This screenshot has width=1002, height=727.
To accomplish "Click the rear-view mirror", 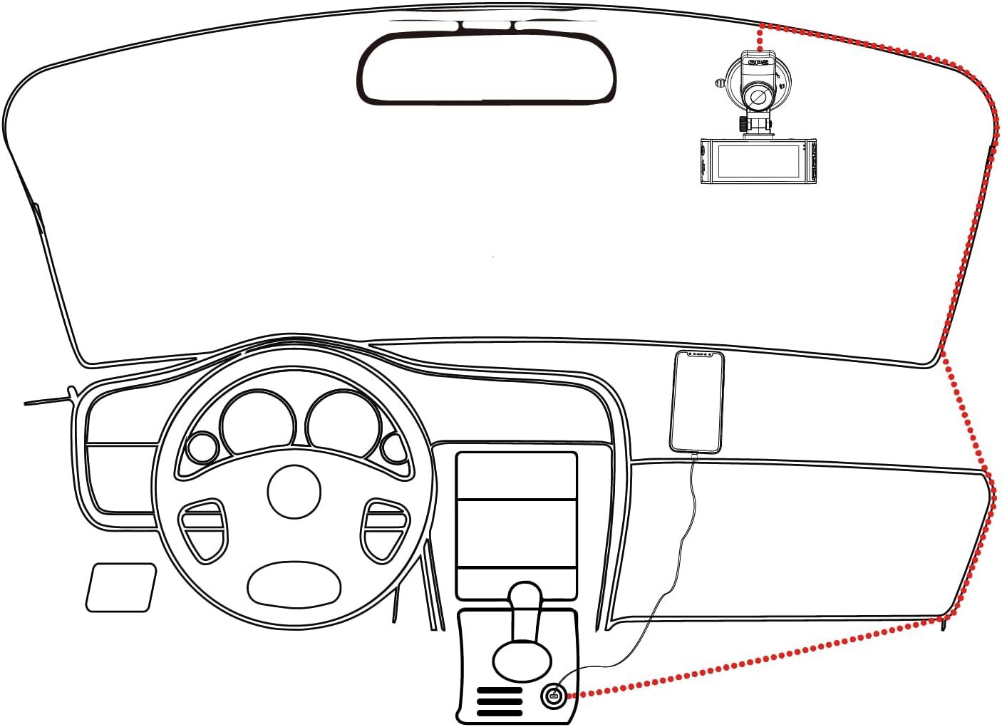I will point(487,69).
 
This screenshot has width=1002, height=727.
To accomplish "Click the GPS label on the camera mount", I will point(760,63).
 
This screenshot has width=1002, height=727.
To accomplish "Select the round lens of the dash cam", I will point(758,96).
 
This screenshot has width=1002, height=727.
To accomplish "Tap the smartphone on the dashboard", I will point(696,402).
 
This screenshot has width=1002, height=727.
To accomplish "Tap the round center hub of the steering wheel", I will point(294,492).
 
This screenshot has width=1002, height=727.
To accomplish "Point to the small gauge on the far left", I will point(202,448).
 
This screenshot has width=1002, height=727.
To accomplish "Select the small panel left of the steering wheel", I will point(121,587).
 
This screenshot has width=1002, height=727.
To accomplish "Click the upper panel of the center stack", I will point(516,475).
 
